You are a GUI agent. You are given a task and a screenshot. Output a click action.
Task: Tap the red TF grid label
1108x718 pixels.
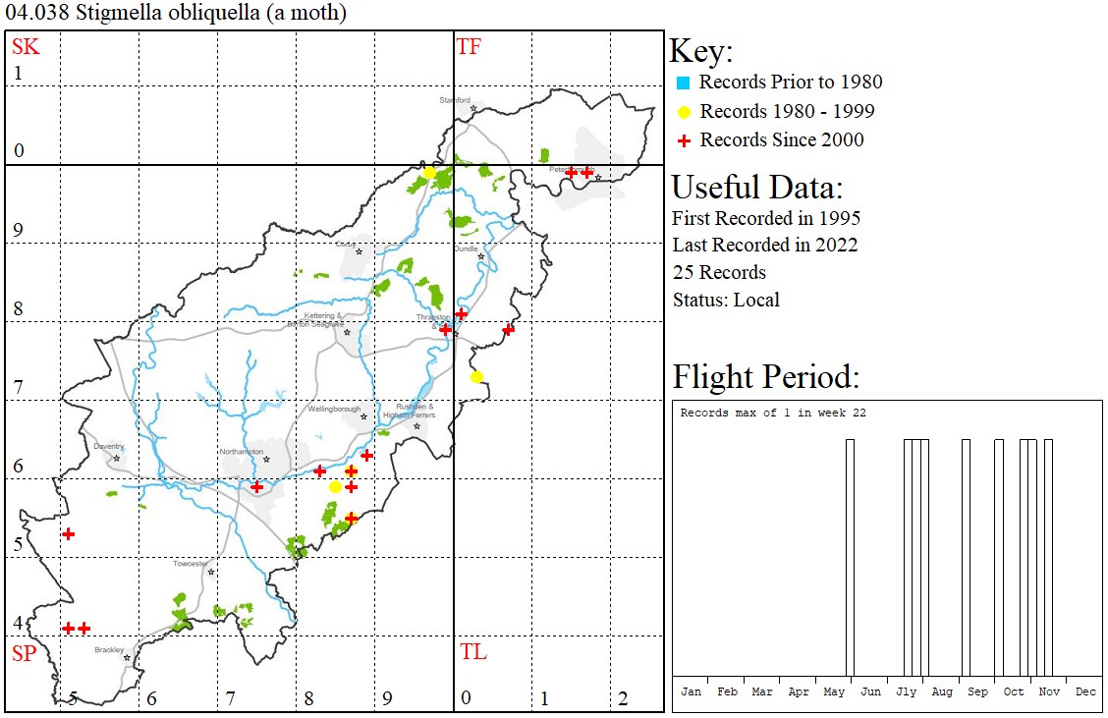[469, 46]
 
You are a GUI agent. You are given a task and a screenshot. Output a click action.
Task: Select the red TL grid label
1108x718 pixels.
[472, 652]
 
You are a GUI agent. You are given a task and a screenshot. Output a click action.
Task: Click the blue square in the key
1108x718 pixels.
[684, 83]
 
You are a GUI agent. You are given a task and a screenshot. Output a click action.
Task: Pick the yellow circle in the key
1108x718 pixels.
[684, 112]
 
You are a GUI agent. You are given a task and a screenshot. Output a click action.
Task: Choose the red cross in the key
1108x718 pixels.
[684, 140]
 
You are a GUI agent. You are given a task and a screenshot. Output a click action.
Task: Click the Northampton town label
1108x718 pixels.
[242, 451]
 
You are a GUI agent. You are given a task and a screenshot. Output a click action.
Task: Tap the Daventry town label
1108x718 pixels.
[109, 446]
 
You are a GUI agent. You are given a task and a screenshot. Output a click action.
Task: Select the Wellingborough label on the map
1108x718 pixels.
[335, 409]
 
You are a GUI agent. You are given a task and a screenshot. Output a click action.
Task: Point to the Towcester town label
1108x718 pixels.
[190, 564]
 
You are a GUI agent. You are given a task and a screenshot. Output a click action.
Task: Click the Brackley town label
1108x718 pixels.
[109, 649]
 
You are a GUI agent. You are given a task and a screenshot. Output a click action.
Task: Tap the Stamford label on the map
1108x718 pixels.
[455, 100]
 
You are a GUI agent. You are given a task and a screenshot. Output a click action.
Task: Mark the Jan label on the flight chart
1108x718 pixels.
[692, 691]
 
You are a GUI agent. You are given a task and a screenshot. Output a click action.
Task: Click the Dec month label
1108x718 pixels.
[1085, 691]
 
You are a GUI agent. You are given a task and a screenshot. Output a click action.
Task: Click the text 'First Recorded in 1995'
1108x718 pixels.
[766, 218]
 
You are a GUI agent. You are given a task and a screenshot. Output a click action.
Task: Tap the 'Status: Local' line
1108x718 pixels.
[726, 300]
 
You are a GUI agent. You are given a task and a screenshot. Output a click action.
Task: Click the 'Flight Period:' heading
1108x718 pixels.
[765, 377]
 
